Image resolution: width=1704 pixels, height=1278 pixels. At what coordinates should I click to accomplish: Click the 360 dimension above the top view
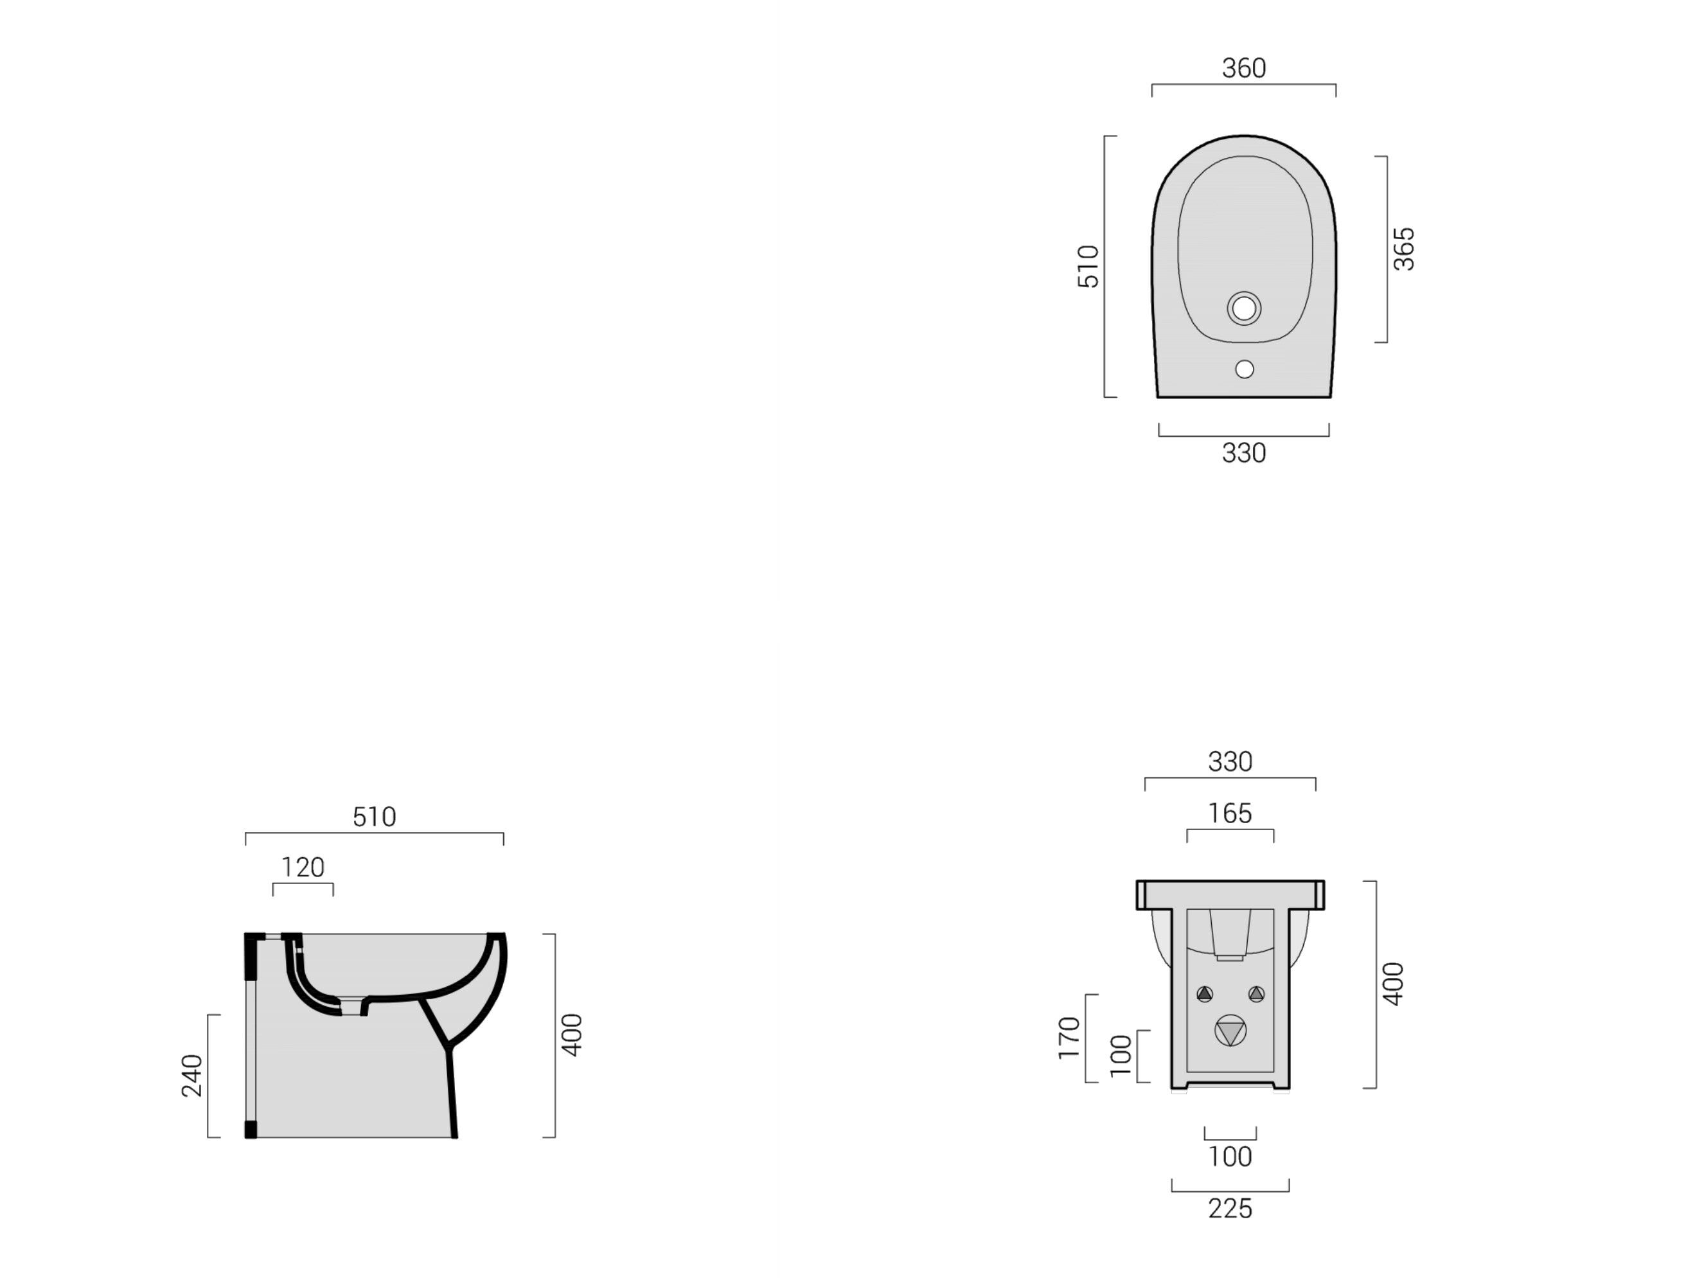point(1243,69)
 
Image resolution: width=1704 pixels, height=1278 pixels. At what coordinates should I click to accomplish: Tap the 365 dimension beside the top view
point(1403,249)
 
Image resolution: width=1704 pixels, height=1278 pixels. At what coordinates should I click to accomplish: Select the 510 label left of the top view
point(1088,266)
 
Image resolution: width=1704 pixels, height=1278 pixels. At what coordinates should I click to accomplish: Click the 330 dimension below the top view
point(1243,453)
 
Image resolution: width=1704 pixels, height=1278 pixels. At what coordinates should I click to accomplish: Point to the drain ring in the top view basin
point(1243,308)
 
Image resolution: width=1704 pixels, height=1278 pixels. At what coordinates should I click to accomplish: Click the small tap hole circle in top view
point(1243,369)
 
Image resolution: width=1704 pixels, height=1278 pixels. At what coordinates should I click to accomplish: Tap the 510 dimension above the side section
point(375,817)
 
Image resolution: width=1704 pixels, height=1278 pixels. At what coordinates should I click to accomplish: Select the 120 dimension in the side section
point(303,867)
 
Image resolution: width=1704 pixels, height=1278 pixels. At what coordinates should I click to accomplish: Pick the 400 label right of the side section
point(572,1034)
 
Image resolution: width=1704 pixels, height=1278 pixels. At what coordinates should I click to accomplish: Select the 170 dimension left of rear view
point(1069,1038)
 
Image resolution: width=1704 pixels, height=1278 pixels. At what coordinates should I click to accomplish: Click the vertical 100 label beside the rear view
point(1121,1056)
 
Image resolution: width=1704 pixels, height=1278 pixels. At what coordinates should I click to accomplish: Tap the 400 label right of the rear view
point(1393,984)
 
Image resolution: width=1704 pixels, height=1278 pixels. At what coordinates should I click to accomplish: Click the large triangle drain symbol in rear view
point(1230,1031)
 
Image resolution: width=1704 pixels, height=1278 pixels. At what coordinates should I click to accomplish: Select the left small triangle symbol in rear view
point(1205,995)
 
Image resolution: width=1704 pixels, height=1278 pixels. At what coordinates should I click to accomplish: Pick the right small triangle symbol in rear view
point(1256,995)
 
